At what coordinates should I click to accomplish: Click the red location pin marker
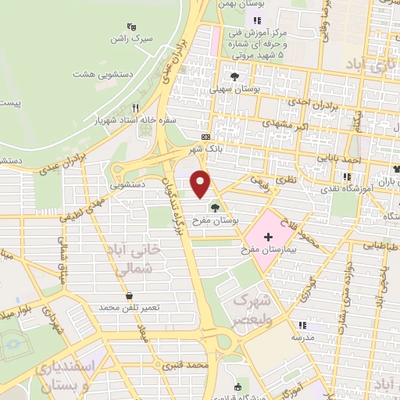(201, 183)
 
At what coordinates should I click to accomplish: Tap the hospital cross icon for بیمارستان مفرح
(269, 236)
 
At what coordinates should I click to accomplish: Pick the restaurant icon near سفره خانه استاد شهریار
(136, 108)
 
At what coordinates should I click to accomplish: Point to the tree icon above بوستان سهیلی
(234, 76)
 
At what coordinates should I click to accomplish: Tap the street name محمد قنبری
(187, 365)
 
